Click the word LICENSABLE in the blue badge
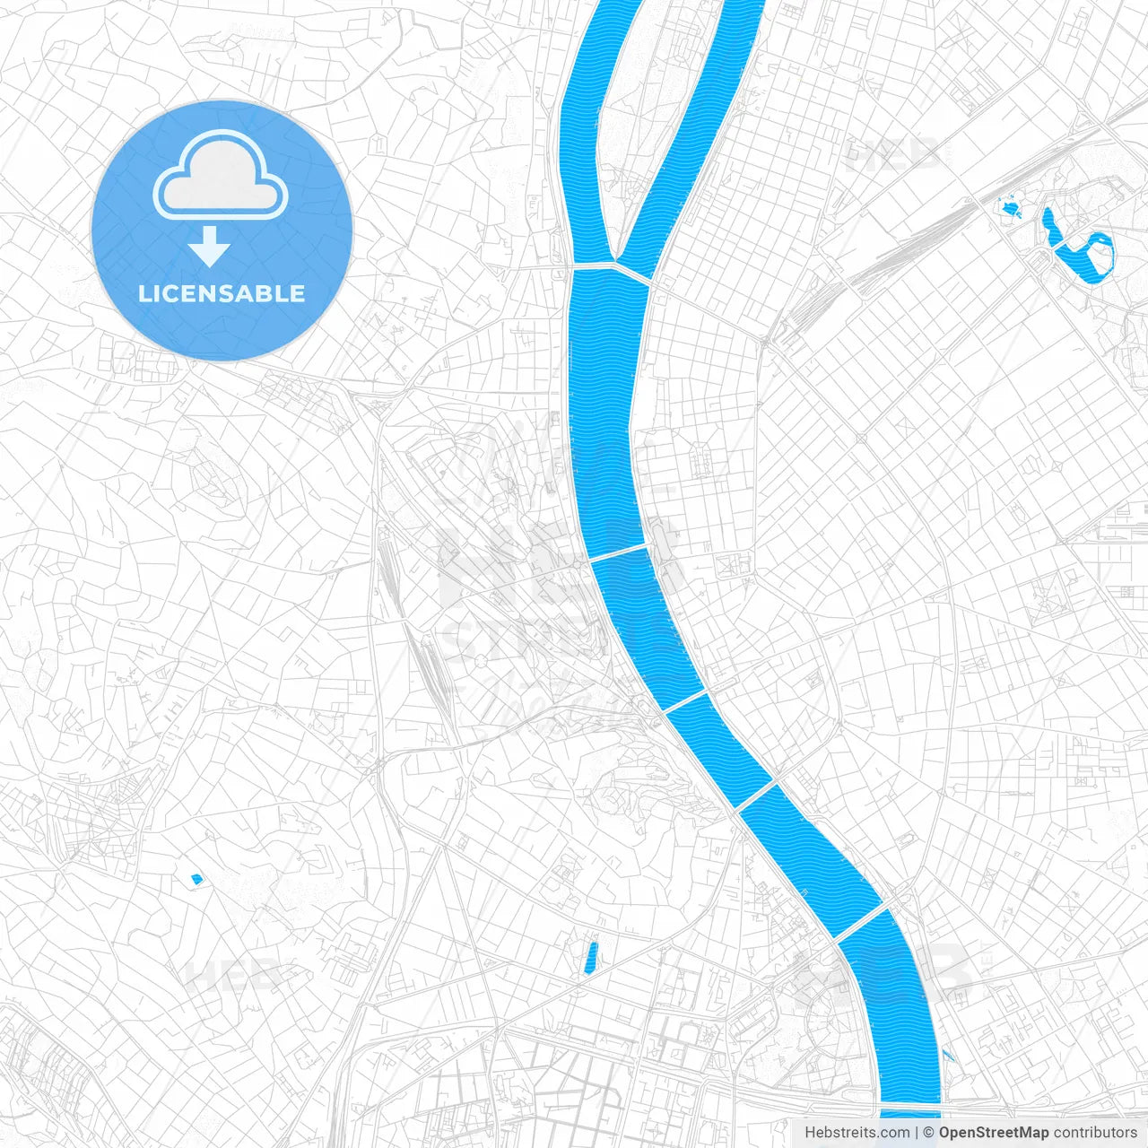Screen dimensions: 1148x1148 pyautogui.click(x=222, y=293)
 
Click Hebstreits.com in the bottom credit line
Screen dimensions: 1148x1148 pyautogui.click(x=857, y=1133)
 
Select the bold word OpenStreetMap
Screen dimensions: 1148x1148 pyautogui.click(x=993, y=1133)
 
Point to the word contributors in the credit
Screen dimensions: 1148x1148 pyautogui.click(x=1094, y=1133)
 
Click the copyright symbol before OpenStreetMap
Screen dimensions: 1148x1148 pyautogui.click(x=929, y=1133)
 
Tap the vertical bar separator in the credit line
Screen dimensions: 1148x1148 pyautogui.click(x=918, y=1133)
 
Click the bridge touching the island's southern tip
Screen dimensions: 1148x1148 pyautogui.click(x=610, y=267)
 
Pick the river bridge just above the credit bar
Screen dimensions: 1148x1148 pyautogui.click(x=909, y=1104)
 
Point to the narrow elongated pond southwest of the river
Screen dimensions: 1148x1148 pyautogui.click(x=590, y=957)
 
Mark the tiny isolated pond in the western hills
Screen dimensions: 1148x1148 pyautogui.click(x=197, y=880)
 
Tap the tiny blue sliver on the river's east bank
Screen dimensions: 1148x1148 pyautogui.click(x=948, y=1056)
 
